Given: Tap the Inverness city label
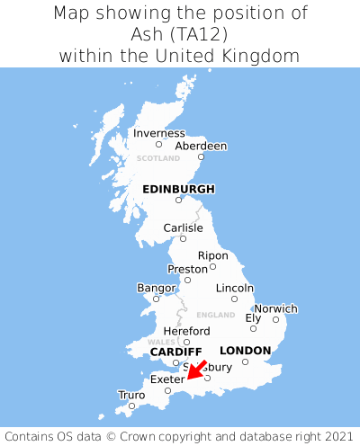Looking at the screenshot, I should pos(159,133).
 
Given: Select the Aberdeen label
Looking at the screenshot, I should pos(201,146).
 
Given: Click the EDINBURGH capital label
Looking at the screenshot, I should pos(178,189).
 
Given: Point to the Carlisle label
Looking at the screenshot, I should pos(183,228).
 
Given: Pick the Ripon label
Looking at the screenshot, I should pos(213,255).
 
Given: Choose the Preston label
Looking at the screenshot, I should pos(187,269).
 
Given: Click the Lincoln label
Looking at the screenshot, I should pos(235,288).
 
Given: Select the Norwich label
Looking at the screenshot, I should pos(275,308).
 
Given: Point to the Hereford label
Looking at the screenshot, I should pos(186,331).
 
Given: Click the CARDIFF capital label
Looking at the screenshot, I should pos(175,352).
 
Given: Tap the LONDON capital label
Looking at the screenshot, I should pos(245,351).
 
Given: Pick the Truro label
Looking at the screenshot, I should pos(131,395).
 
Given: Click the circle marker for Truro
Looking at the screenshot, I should pos(131,406).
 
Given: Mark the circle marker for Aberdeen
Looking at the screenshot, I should pos(201,157).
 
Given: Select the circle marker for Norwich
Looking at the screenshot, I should pos(275,319).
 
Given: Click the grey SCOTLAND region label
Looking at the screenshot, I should pos(158,158).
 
